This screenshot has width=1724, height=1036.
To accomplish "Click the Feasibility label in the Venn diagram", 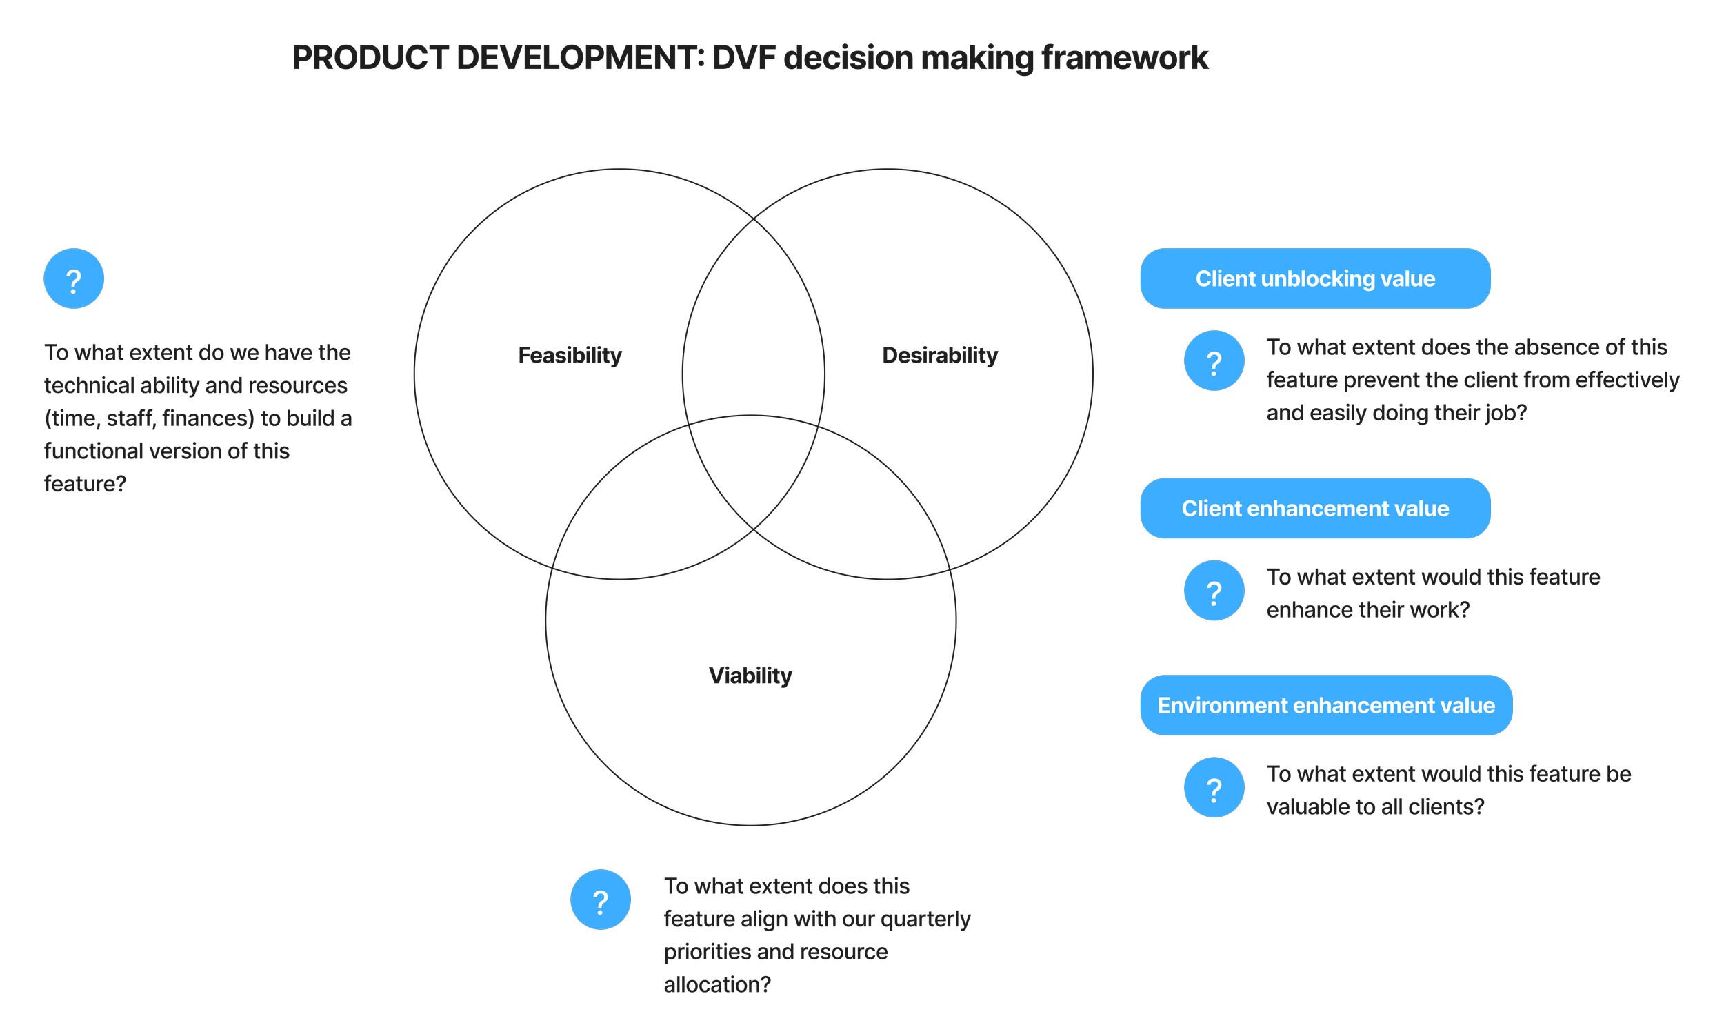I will pyautogui.click(x=570, y=356).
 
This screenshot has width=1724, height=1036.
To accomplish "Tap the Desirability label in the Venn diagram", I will pyautogui.click(x=940, y=356).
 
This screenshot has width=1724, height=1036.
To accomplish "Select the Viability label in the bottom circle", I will pyautogui.click(x=750, y=676).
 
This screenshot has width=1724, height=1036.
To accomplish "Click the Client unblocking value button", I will pyautogui.click(x=1315, y=278).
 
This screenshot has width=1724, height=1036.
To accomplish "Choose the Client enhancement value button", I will pyautogui.click(x=1315, y=508).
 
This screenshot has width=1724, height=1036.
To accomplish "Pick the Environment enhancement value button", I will pyautogui.click(x=1325, y=705).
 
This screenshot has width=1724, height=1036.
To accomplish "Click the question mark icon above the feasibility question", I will pyautogui.click(x=74, y=278).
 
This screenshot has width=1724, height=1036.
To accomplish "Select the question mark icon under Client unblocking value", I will pyautogui.click(x=1214, y=361).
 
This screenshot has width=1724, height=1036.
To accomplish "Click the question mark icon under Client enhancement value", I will pyautogui.click(x=1214, y=591).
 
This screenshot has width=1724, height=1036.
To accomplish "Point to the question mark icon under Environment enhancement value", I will pyautogui.click(x=1214, y=787).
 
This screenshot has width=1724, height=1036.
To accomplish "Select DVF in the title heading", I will pyautogui.click(x=744, y=58).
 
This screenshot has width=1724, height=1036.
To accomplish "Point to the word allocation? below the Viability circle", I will pyautogui.click(x=717, y=985).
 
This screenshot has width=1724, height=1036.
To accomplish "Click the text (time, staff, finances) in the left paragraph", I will pyautogui.click(x=150, y=418).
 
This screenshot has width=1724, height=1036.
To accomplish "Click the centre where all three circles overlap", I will pyautogui.click(x=753, y=475).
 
